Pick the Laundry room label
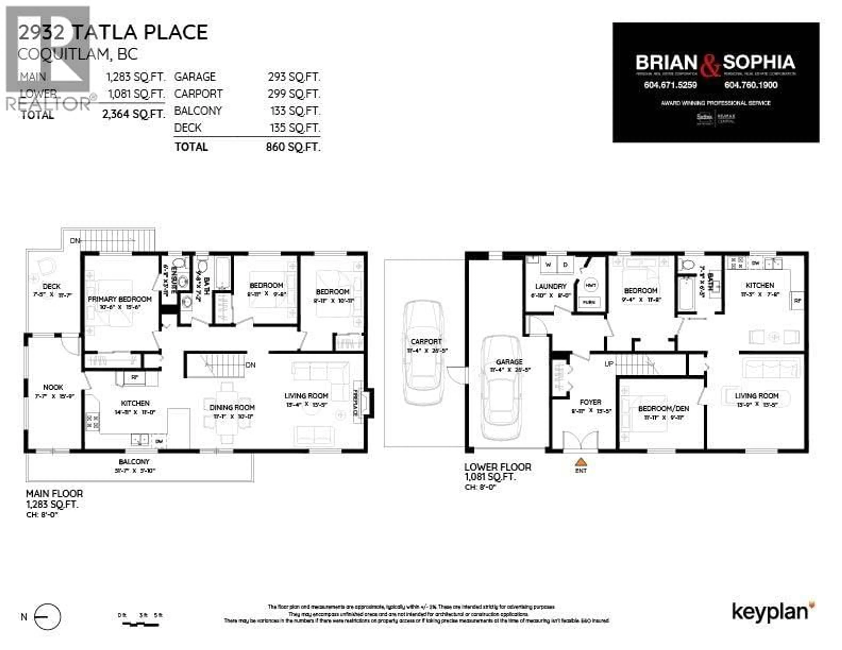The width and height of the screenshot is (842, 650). [x=551, y=286]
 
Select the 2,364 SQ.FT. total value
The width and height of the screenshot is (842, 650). [x=133, y=114]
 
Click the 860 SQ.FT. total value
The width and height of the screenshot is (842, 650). [x=293, y=147]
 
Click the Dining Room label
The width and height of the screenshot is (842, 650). [x=232, y=407]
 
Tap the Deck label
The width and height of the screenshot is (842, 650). [x=52, y=286]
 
